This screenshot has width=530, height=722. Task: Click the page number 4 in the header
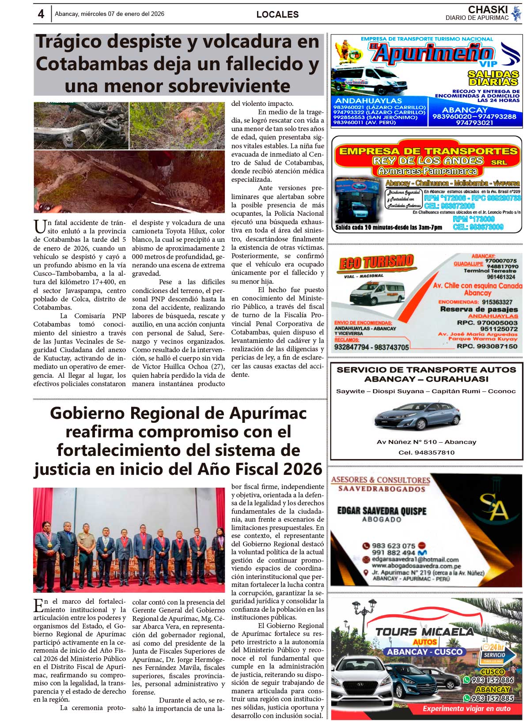pyautogui.click(x=41, y=14)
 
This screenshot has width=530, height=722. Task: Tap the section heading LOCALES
pyautogui.click(x=277, y=15)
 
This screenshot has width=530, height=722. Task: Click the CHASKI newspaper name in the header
pyautogui.click(x=488, y=9)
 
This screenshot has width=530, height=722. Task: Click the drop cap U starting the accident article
pyautogui.click(x=39, y=226)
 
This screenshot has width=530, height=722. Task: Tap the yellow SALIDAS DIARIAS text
pyautogui.click(x=493, y=78)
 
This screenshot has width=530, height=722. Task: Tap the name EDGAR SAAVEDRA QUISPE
pyautogui.click(x=382, y=511)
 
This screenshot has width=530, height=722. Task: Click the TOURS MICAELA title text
pyautogui.click(x=424, y=632)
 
